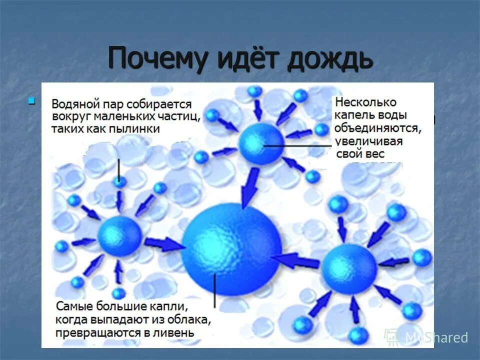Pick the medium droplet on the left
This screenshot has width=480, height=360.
click(119, 236)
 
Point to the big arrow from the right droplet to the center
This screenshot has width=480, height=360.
click(297, 259)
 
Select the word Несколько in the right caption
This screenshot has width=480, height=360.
click(366, 102)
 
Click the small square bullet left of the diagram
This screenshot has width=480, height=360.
click(32, 101)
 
